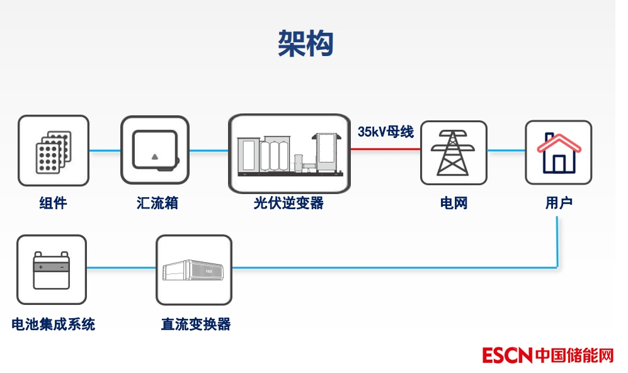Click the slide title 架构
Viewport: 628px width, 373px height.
[305, 44]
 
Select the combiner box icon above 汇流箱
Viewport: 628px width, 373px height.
[155, 151]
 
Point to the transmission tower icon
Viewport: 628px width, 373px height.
[454, 152]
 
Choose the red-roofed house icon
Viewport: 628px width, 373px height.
[559, 152]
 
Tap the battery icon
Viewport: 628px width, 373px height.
[52, 269]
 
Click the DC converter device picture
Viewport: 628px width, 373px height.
[194, 270]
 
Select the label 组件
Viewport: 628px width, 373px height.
[53, 203]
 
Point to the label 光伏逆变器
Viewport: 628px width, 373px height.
[288, 203]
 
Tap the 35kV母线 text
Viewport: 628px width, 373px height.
[385, 132]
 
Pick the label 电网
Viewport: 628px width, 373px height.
[454, 203]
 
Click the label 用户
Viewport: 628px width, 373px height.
[559, 203]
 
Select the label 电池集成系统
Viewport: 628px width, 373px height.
[54, 324]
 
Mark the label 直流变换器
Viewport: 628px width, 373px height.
[196, 324]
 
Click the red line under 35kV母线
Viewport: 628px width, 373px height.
[385, 149]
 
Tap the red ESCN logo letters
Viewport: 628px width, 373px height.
[508, 355]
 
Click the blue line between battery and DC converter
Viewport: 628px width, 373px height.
[121, 268]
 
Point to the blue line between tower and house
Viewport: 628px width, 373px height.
[506, 150]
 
